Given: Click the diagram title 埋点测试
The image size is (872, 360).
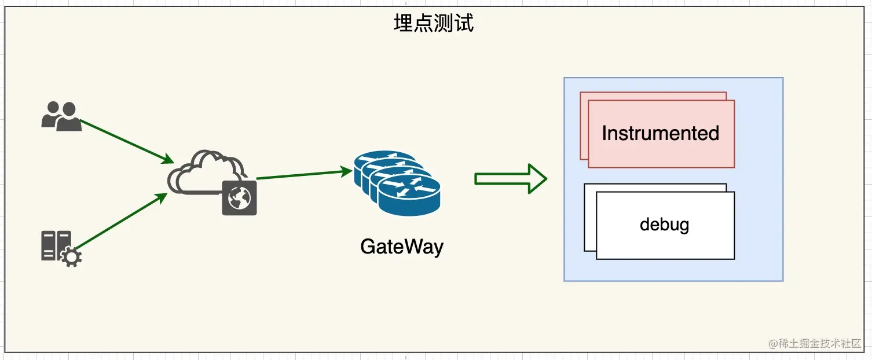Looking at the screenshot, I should tap(434, 23).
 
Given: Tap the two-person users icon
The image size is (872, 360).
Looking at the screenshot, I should tap(61, 116).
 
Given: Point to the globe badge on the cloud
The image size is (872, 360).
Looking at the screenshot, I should tap(239, 198).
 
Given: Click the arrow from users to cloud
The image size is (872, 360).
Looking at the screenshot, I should tap(124, 139).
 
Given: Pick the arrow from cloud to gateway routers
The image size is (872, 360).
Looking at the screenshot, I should tap(301, 174).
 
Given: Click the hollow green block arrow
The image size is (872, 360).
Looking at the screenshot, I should tap(510, 179).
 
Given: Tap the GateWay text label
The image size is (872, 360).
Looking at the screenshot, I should tap(401, 247).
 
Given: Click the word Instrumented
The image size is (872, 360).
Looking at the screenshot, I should tap(660, 134).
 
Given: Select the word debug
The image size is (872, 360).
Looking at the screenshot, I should tap(664, 225).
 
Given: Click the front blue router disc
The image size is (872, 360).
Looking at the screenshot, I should tap(409, 196).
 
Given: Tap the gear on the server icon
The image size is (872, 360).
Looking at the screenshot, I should tap(71, 257).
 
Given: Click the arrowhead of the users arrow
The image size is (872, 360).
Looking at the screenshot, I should tap(169, 159).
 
